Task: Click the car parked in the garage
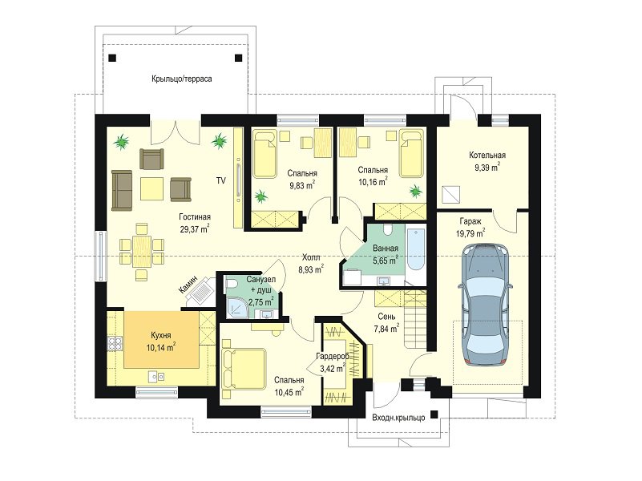click(x=485, y=305)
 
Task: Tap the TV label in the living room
click(x=220, y=180)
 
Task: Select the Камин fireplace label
click(x=188, y=284)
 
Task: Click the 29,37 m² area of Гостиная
click(x=195, y=229)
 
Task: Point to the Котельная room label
click(x=487, y=156)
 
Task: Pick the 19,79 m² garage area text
click(x=470, y=233)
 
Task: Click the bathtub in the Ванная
click(x=416, y=248)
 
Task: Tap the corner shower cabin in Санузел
click(x=236, y=307)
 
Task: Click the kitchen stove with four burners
click(x=115, y=343)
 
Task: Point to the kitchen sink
click(x=156, y=376)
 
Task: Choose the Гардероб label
click(x=333, y=357)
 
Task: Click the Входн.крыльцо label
click(x=398, y=418)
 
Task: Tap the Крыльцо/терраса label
click(x=182, y=79)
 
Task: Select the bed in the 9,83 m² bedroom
click(x=264, y=154)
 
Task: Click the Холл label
click(x=311, y=257)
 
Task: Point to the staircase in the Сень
click(x=414, y=318)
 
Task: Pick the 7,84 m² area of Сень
click(x=386, y=329)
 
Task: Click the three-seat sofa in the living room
click(x=122, y=190)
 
